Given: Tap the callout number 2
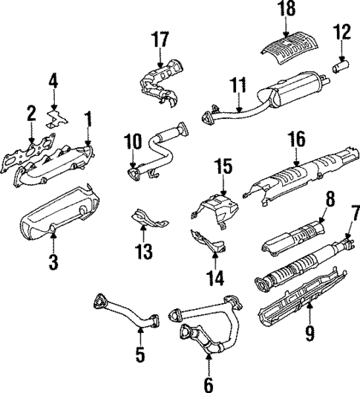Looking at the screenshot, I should pyautogui.click(x=31, y=113).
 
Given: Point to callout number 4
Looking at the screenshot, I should pyautogui.click(x=53, y=79).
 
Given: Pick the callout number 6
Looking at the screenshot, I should pyautogui.click(x=209, y=383).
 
